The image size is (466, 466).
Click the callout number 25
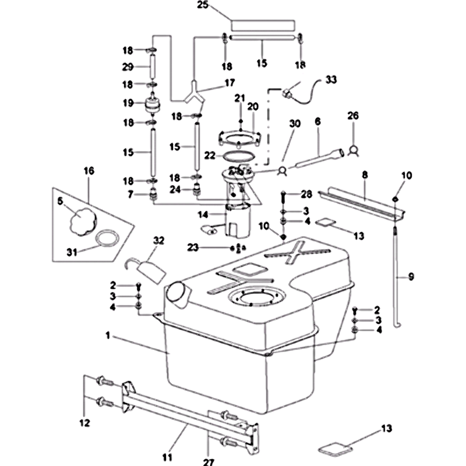(203, 6)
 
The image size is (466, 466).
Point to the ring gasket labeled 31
(106, 239)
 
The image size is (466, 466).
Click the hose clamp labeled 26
(352, 150)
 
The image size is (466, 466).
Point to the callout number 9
(411, 277)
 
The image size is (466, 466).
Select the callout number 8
(365, 174)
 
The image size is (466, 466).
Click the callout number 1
(108, 336)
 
